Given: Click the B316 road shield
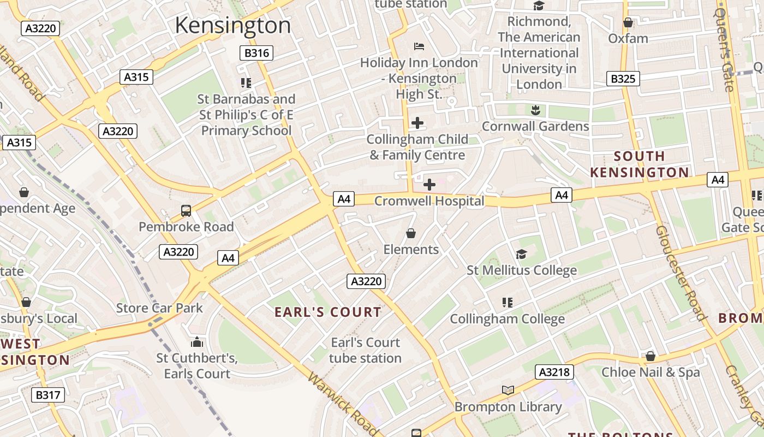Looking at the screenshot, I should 256,53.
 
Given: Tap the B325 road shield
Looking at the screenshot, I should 623,79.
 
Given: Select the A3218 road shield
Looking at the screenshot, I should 554,372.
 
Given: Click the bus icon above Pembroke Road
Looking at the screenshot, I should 186,210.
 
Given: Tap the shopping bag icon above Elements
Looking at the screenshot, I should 411,234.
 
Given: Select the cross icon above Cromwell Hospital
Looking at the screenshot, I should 429,185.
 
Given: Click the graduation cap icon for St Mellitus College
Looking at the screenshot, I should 521,255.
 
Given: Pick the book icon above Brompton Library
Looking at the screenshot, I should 508,390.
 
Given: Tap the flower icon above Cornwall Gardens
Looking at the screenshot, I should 535,110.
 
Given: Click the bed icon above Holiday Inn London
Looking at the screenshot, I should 419,46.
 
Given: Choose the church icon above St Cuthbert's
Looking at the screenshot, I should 197,342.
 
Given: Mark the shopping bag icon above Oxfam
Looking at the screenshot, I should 628,22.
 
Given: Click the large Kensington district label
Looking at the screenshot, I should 233,26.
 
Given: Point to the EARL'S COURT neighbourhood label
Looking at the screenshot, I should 327,312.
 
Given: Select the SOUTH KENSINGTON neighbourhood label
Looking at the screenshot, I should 639,164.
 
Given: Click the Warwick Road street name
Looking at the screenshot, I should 343,404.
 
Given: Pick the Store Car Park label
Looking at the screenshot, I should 159,308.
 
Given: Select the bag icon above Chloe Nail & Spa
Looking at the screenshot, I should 650,356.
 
